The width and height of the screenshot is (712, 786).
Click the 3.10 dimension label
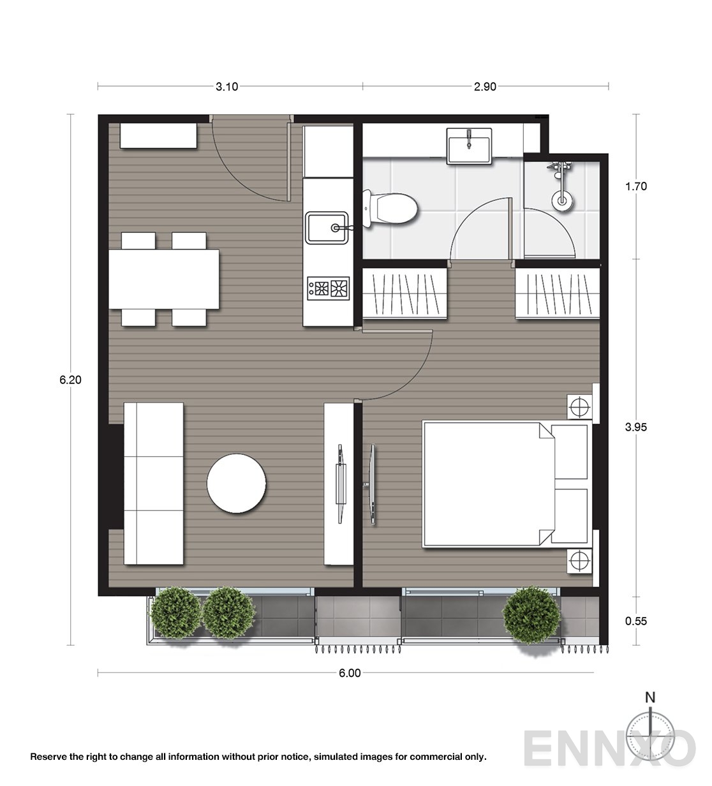pyautogui.click(x=226, y=87)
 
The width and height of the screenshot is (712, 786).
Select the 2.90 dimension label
pyautogui.click(x=485, y=87)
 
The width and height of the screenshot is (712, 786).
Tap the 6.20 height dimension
pyautogui.click(x=70, y=380)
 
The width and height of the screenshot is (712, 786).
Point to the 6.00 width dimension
pyautogui.click(x=350, y=672)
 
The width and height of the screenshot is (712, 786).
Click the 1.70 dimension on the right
pyautogui.click(x=636, y=186)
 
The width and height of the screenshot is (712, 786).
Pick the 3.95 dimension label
pyautogui.click(x=636, y=427)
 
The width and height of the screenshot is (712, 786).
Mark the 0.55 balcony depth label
pyautogui.click(x=636, y=620)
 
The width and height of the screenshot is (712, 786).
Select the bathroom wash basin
pyautogui.click(x=470, y=145)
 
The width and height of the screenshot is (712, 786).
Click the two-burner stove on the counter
pyautogui.click(x=329, y=288)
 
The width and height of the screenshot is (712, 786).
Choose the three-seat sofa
pyautogui.click(x=153, y=483)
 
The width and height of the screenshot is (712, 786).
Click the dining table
pyautogui.click(x=164, y=279)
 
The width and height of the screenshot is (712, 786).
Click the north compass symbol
pyautogui.click(x=649, y=727)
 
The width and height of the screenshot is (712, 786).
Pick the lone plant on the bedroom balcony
pyautogui.click(x=528, y=616)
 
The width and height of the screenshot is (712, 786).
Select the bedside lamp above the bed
pyautogui.click(x=579, y=406)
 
